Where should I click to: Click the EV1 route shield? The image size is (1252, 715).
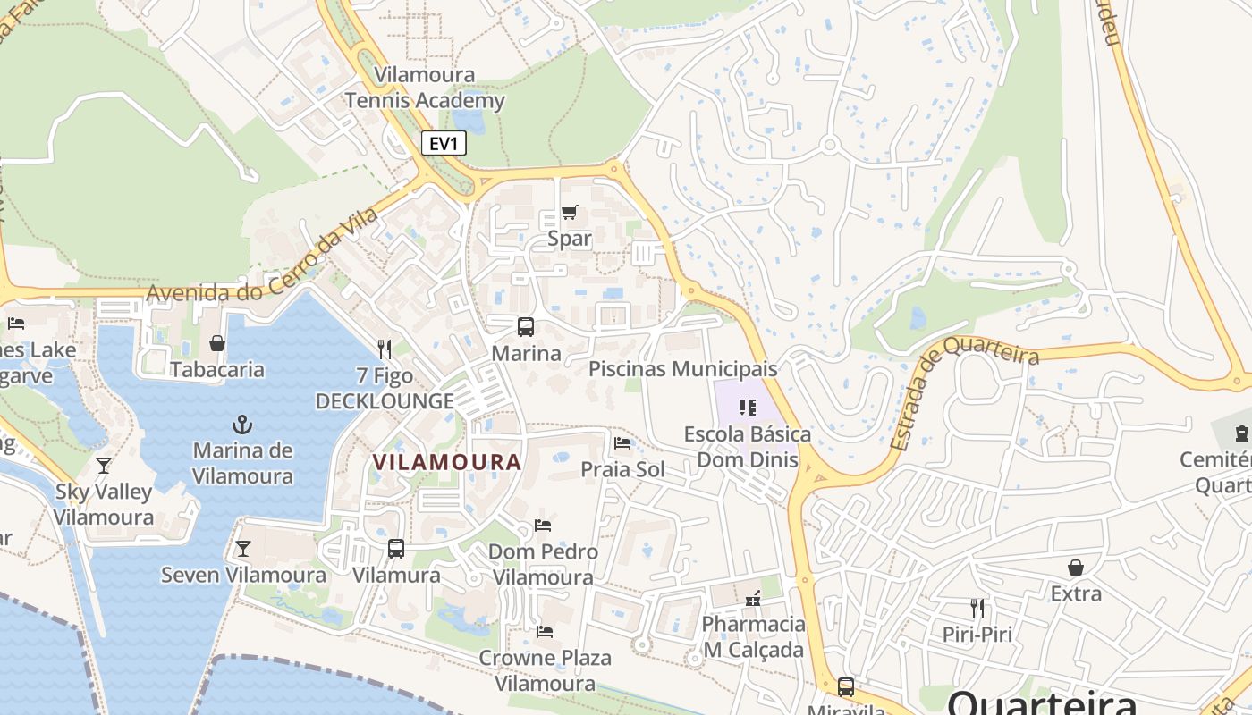click(444, 142)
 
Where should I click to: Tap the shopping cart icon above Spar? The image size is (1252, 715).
click(569, 213)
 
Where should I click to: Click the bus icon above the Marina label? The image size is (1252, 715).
click(526, 327)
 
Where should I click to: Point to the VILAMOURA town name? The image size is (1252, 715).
click(446, 462)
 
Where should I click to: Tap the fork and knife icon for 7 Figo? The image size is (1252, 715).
click(385, 349)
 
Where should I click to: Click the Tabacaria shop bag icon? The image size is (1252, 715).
click(216, 343)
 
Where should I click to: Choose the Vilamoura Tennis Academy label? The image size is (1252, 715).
click(425, 88)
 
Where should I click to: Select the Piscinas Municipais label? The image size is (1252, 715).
click(682, 369)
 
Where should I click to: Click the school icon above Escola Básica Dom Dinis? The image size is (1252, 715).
click(748, 408)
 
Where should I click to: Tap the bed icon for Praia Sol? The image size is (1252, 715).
click(622, 443)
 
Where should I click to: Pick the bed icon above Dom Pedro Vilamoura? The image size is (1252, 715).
click(542, 526)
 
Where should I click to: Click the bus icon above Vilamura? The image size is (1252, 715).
click(396, 549)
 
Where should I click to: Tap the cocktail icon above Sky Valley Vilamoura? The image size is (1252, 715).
click(104, 465)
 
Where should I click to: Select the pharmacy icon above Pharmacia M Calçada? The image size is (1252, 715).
click(754, 597)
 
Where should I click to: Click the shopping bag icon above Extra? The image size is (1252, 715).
click(1076, 568)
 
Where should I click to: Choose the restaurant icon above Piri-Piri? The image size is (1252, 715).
click(977, 609)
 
